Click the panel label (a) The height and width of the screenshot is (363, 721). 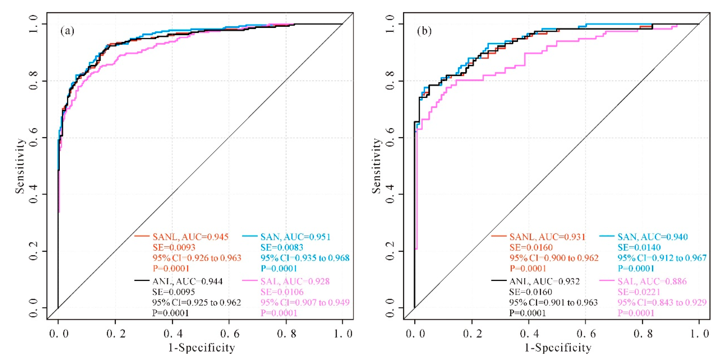point(67,31)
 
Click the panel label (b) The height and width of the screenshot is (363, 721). point(424,31)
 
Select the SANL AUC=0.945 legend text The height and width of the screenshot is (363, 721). point(191,237)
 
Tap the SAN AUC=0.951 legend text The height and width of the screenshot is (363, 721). point(295,237)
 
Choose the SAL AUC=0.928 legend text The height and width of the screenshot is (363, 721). point(295,281)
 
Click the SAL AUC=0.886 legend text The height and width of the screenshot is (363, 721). point(652,281)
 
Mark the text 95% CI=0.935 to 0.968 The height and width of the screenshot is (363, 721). point(305,258)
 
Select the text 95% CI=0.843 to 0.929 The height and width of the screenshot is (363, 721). point(662,302)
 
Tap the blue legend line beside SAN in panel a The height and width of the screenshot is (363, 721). point(250,236)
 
